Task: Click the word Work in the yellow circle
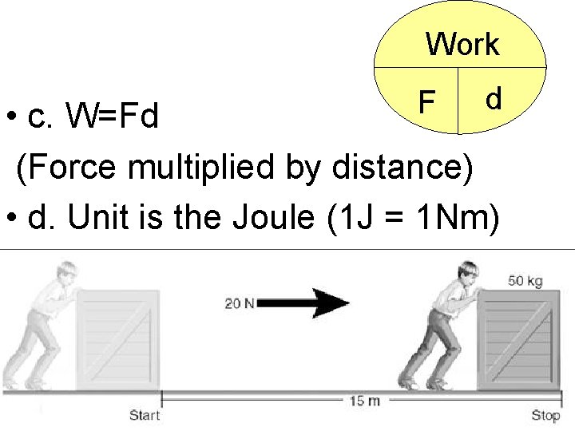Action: (x=462, y=45)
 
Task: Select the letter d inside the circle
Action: (x=494, y=98)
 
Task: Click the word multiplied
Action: (x=206, y=168)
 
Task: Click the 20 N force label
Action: (x=240, y=302)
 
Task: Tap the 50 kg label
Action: (x=525, y=281)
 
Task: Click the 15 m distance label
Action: (x=363, y=400)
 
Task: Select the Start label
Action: (x=145, y=414)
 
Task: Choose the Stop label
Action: (x=546, y=415)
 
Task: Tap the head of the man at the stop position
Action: (x=469, y=273)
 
